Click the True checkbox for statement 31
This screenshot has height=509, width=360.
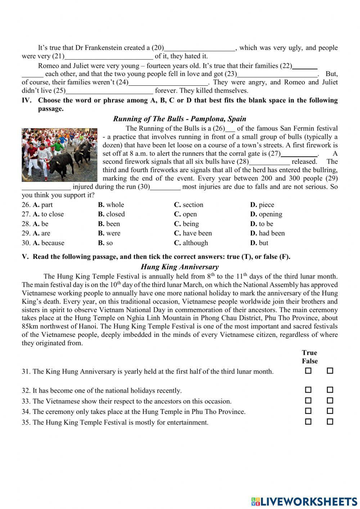[308, 371]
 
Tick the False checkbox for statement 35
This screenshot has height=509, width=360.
[330, 421]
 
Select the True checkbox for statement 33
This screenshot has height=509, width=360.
[308, 400]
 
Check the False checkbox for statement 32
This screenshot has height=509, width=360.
[330, 390]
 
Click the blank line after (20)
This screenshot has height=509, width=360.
[200, 48]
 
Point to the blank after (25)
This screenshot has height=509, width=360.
[109, 91]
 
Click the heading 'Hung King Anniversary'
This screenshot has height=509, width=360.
[180, 267]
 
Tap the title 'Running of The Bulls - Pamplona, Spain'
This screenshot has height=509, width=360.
[180, 119]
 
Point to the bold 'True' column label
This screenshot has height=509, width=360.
[310, 353]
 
